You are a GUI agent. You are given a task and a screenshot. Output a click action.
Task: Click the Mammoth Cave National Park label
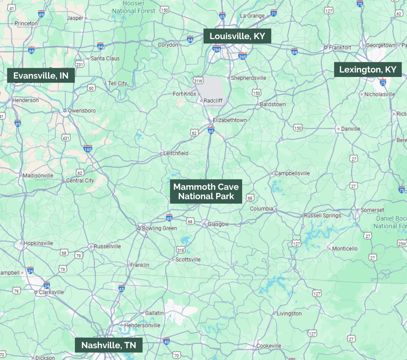pyautogui.click(x=206, y=191)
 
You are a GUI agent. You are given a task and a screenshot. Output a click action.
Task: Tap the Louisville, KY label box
pyautogui.click(x=237, y=36)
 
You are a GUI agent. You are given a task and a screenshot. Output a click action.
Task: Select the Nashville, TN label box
pyautogui.click(x=109, y=345)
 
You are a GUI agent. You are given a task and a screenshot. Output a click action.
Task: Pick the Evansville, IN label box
pyautogui.click(x=41, y=75)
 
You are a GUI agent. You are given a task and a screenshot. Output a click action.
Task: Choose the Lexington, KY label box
pyautogui.click(x=368, y=70)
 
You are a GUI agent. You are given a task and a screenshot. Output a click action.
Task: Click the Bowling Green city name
pyautogui.click(x=159, y=228)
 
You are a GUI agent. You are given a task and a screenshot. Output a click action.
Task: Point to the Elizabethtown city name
pyautogui.click(x=230, y=120)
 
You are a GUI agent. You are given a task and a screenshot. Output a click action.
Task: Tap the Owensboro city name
pyautogui.click(x=82, y=110)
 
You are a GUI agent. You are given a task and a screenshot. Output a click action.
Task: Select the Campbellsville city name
pyautogui.click(x=292, y=173)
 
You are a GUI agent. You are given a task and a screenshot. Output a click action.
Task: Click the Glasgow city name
pyautogui.click(x=218, y=224)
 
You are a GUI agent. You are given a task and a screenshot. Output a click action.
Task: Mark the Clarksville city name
pyautogui.click(x=51, y=292)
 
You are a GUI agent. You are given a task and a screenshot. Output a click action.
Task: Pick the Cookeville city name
pyautogui.click(x=269, y=346)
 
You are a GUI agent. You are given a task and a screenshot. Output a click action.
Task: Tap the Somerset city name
pyautogui.click(x=372, y=210)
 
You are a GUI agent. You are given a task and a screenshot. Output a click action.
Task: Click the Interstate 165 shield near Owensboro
pyautogui.click(x=88, y=148)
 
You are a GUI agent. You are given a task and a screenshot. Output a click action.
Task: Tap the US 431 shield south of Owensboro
pyautogui.click(x=66, y=138)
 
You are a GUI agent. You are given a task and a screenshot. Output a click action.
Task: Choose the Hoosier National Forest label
pyautogui.click(x=134, y=7)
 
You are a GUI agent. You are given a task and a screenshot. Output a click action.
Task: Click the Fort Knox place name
pyautogui.click(x=184, y=94)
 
